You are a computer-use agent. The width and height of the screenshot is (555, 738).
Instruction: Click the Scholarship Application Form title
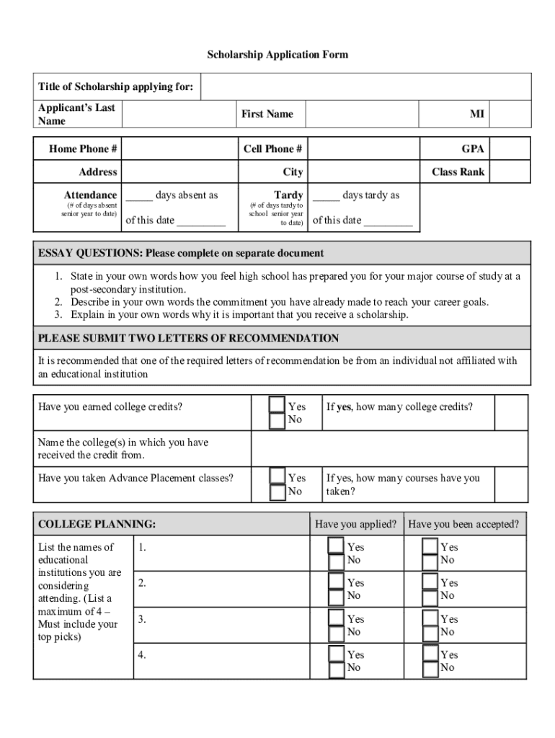tap(277, 55)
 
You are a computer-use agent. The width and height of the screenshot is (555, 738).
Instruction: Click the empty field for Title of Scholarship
tap(365, 87)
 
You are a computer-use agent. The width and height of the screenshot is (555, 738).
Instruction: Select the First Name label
tap(267, 114)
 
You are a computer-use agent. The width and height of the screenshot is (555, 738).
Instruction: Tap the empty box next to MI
tap(512, 114)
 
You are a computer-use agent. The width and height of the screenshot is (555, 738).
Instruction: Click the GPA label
tap(473, 149)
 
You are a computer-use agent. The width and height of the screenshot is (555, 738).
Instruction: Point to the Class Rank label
tap(458, 172)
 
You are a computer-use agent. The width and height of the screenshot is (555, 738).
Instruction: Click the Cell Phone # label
tap(272, 149)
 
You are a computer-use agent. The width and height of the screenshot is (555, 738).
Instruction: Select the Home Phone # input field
tap(179, 149)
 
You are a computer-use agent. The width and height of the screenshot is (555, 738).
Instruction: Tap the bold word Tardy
tap(288, 195)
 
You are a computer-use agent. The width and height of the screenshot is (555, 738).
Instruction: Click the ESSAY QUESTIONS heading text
tap(181, 254)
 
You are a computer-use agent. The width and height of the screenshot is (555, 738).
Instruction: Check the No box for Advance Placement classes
tap(277, 492)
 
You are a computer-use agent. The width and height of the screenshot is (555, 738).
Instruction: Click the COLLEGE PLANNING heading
tap(97, 524)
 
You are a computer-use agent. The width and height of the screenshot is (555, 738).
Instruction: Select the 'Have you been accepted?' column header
tap(463, 524)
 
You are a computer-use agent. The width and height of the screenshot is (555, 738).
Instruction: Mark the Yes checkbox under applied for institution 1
tap(336, 546)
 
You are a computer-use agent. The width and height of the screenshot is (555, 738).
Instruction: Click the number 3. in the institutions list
tap(142, 618)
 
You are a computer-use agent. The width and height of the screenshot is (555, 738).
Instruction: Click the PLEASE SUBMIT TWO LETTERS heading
tap(188, 338)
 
